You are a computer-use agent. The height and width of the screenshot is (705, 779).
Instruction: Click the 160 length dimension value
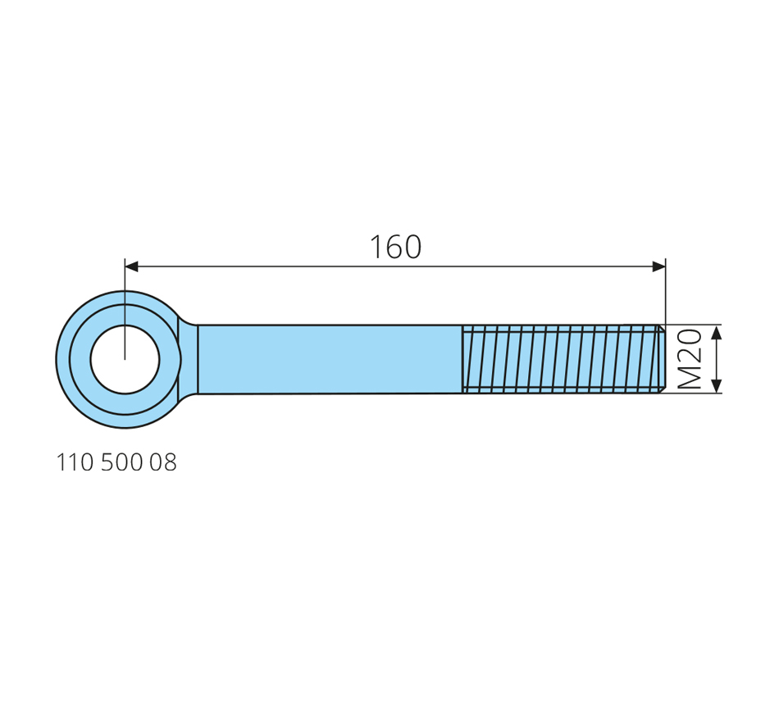coord(395,247)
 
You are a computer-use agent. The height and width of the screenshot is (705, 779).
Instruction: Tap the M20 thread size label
coord(690,359)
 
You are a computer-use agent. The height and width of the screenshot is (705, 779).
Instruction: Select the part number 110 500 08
coord(116,462)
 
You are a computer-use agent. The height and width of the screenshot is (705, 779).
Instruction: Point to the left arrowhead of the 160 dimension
coord(131,266)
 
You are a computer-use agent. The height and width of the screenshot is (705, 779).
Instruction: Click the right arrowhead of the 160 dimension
coord(658,266)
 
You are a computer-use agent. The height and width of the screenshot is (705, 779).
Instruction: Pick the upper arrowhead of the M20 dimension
coord(716,332)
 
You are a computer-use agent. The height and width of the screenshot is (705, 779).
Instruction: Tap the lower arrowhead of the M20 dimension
coord(716,386)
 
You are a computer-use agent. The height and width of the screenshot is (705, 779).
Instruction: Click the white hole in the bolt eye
coord(125,359)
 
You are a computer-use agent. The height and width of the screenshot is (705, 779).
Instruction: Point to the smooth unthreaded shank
coord(330,359)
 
